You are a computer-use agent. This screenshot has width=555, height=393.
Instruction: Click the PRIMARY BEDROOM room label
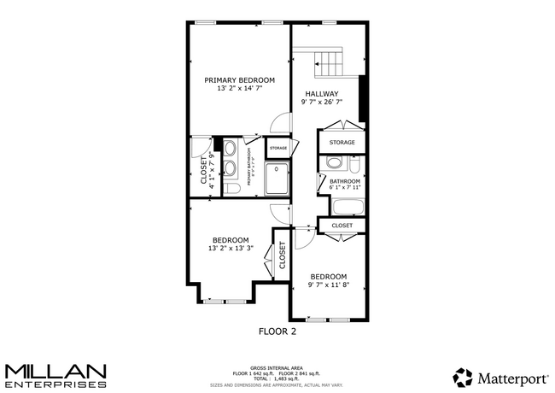coord(239,79)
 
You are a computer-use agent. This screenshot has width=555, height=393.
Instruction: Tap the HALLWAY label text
coord(321,94)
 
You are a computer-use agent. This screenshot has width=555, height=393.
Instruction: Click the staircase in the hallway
coord(328,62)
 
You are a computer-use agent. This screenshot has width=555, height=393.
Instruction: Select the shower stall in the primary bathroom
coord(277,179)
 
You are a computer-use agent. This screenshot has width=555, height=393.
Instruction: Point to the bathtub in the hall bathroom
coord(347,205)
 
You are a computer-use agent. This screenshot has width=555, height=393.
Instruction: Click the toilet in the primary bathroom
coord(230,189)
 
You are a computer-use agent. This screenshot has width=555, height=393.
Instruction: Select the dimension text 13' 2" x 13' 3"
coord(231,249)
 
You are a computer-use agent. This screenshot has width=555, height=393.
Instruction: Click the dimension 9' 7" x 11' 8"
coord(328,285)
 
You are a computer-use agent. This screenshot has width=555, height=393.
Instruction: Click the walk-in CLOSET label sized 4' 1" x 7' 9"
coord(203,168)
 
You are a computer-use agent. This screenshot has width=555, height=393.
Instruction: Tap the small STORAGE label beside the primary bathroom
coord(277,148)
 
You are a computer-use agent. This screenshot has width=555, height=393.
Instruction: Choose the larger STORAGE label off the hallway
coord(342,142)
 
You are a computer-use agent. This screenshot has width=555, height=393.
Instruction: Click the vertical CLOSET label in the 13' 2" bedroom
coord(281,255)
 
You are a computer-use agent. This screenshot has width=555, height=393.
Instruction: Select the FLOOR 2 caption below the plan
coord(277,330)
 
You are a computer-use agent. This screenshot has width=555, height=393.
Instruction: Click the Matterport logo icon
coord(463,377)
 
